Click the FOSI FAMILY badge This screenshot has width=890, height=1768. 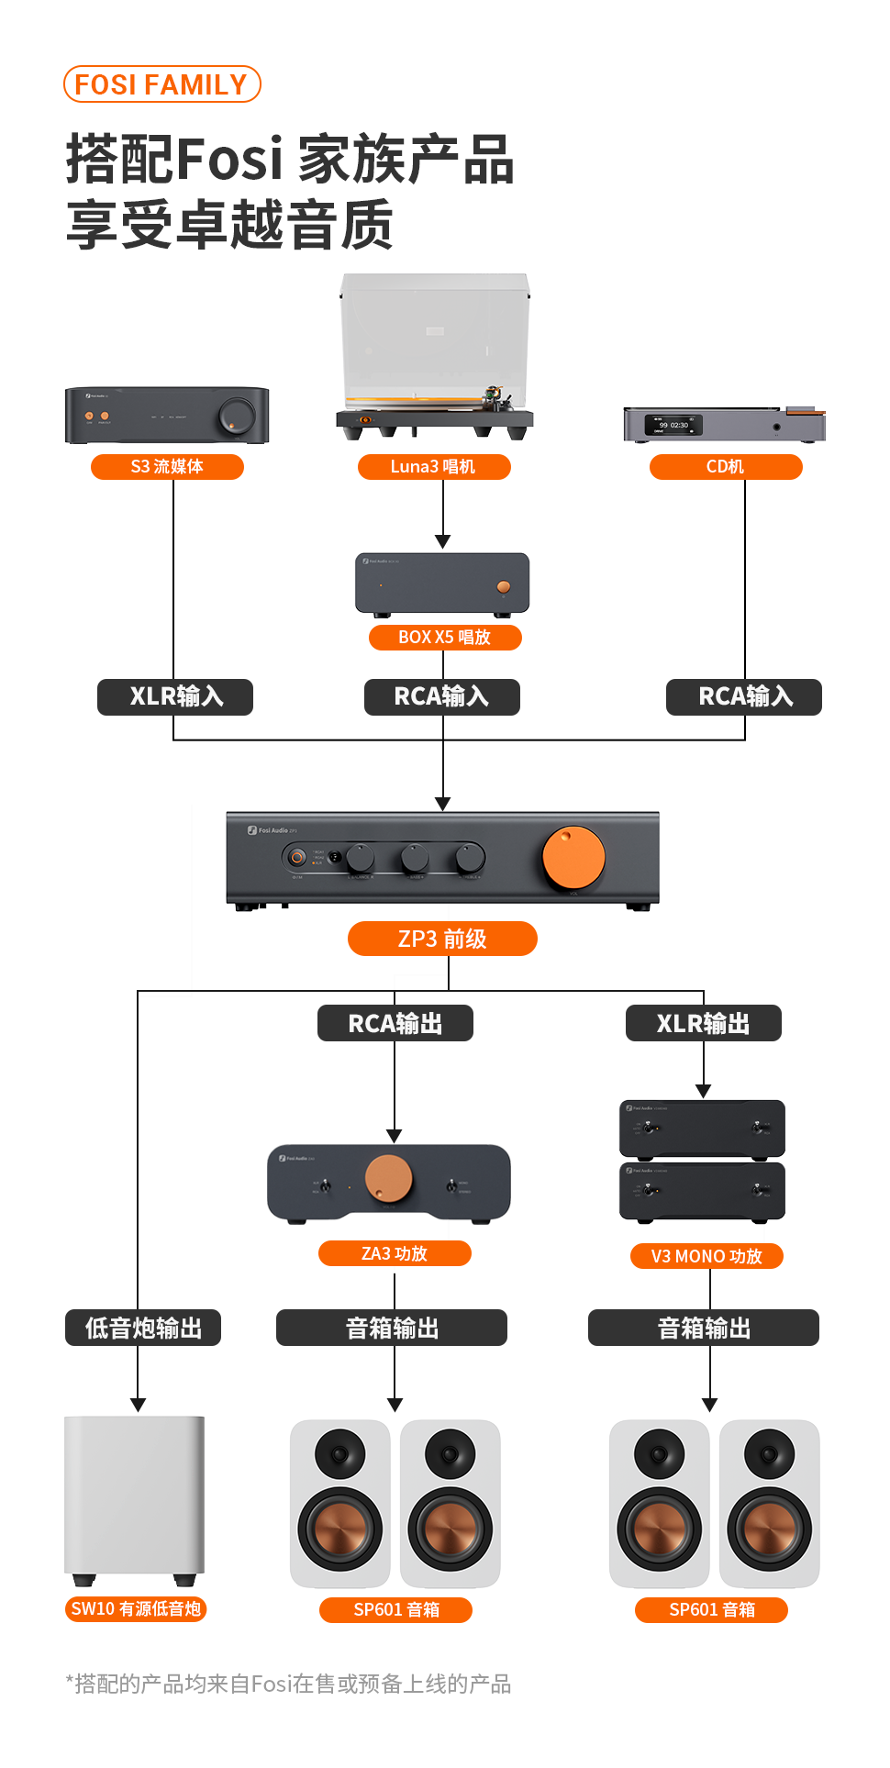point(161,84)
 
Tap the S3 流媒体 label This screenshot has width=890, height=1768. point(167,467)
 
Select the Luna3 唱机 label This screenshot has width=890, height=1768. point(433,467)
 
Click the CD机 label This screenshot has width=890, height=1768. point(725,467)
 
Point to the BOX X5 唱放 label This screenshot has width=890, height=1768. point(444,638)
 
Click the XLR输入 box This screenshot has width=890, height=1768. point(175,696)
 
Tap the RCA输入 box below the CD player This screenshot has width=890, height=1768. point(744,696)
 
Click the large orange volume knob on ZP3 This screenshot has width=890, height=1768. point(573,858)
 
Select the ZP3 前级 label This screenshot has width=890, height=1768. point(442,939)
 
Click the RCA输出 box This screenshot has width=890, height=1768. point(395,1023)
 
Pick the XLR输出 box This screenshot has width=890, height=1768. point(703,1023)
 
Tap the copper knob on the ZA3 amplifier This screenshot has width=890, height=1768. point(389,1179)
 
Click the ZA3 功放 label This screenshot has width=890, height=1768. point(395,1253)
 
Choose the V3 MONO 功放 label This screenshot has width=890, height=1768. point(706,1256)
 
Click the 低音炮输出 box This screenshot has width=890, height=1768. point(143,1328)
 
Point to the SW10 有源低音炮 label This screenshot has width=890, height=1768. point(136,1609)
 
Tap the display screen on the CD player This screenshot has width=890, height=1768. point(673,426)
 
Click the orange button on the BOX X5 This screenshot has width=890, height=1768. point(503,586)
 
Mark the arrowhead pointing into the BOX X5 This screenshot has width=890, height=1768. point(443,541)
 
